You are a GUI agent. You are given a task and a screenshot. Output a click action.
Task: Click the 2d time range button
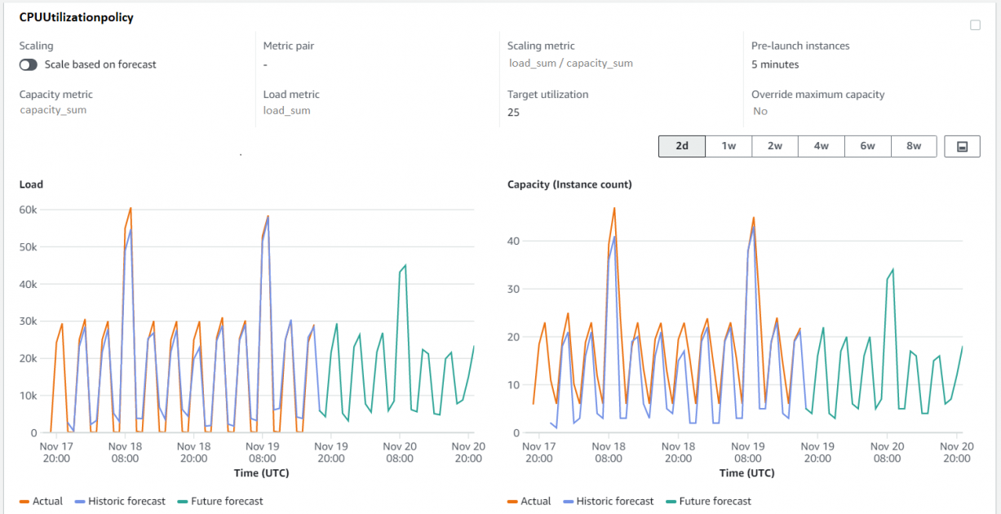682,146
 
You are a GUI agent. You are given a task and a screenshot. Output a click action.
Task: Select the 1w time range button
729,146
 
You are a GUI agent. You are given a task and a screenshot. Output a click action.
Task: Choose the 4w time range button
821,146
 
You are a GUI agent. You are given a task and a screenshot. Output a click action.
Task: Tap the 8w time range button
914,146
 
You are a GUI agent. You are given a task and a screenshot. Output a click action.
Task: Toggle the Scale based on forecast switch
29,64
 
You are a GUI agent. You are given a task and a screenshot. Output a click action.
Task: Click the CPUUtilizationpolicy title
76,17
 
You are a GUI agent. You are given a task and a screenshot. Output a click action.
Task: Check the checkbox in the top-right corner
975,25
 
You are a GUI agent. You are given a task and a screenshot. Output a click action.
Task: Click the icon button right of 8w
962,146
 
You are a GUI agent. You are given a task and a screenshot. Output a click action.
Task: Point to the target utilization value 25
513,113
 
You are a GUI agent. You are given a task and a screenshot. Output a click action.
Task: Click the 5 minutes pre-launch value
775,64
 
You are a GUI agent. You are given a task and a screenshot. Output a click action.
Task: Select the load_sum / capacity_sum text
570,63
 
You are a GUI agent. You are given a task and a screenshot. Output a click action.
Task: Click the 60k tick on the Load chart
28,210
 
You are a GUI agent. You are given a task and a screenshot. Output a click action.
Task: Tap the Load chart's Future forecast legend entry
220,501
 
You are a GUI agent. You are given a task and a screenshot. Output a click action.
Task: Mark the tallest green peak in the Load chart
405,265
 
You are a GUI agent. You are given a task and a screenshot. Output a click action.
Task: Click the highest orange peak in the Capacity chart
613,208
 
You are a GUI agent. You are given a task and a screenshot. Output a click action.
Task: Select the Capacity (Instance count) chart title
569,184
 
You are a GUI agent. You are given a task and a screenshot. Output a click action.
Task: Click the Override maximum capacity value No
760,111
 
